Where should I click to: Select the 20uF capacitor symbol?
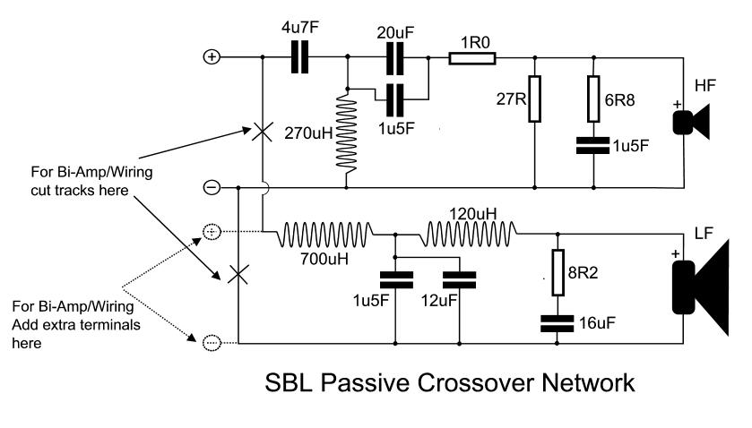pyautogui.click(x=395, y=59)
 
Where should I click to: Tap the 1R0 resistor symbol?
pyautogui.click(x=471, y=59)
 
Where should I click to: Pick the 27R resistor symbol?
pyautogui.click(x=534, y=99)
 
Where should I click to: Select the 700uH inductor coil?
pyautogui.click(x=326, y=235)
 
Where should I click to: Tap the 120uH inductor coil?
pyautogui.click(x=470, y=235)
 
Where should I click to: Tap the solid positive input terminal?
pyautogui.click(x=212, y=58)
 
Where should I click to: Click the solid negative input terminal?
pyautogui.click(x=212, y=188)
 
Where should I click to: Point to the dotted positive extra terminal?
pyautogui.click(x=212, y=231)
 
